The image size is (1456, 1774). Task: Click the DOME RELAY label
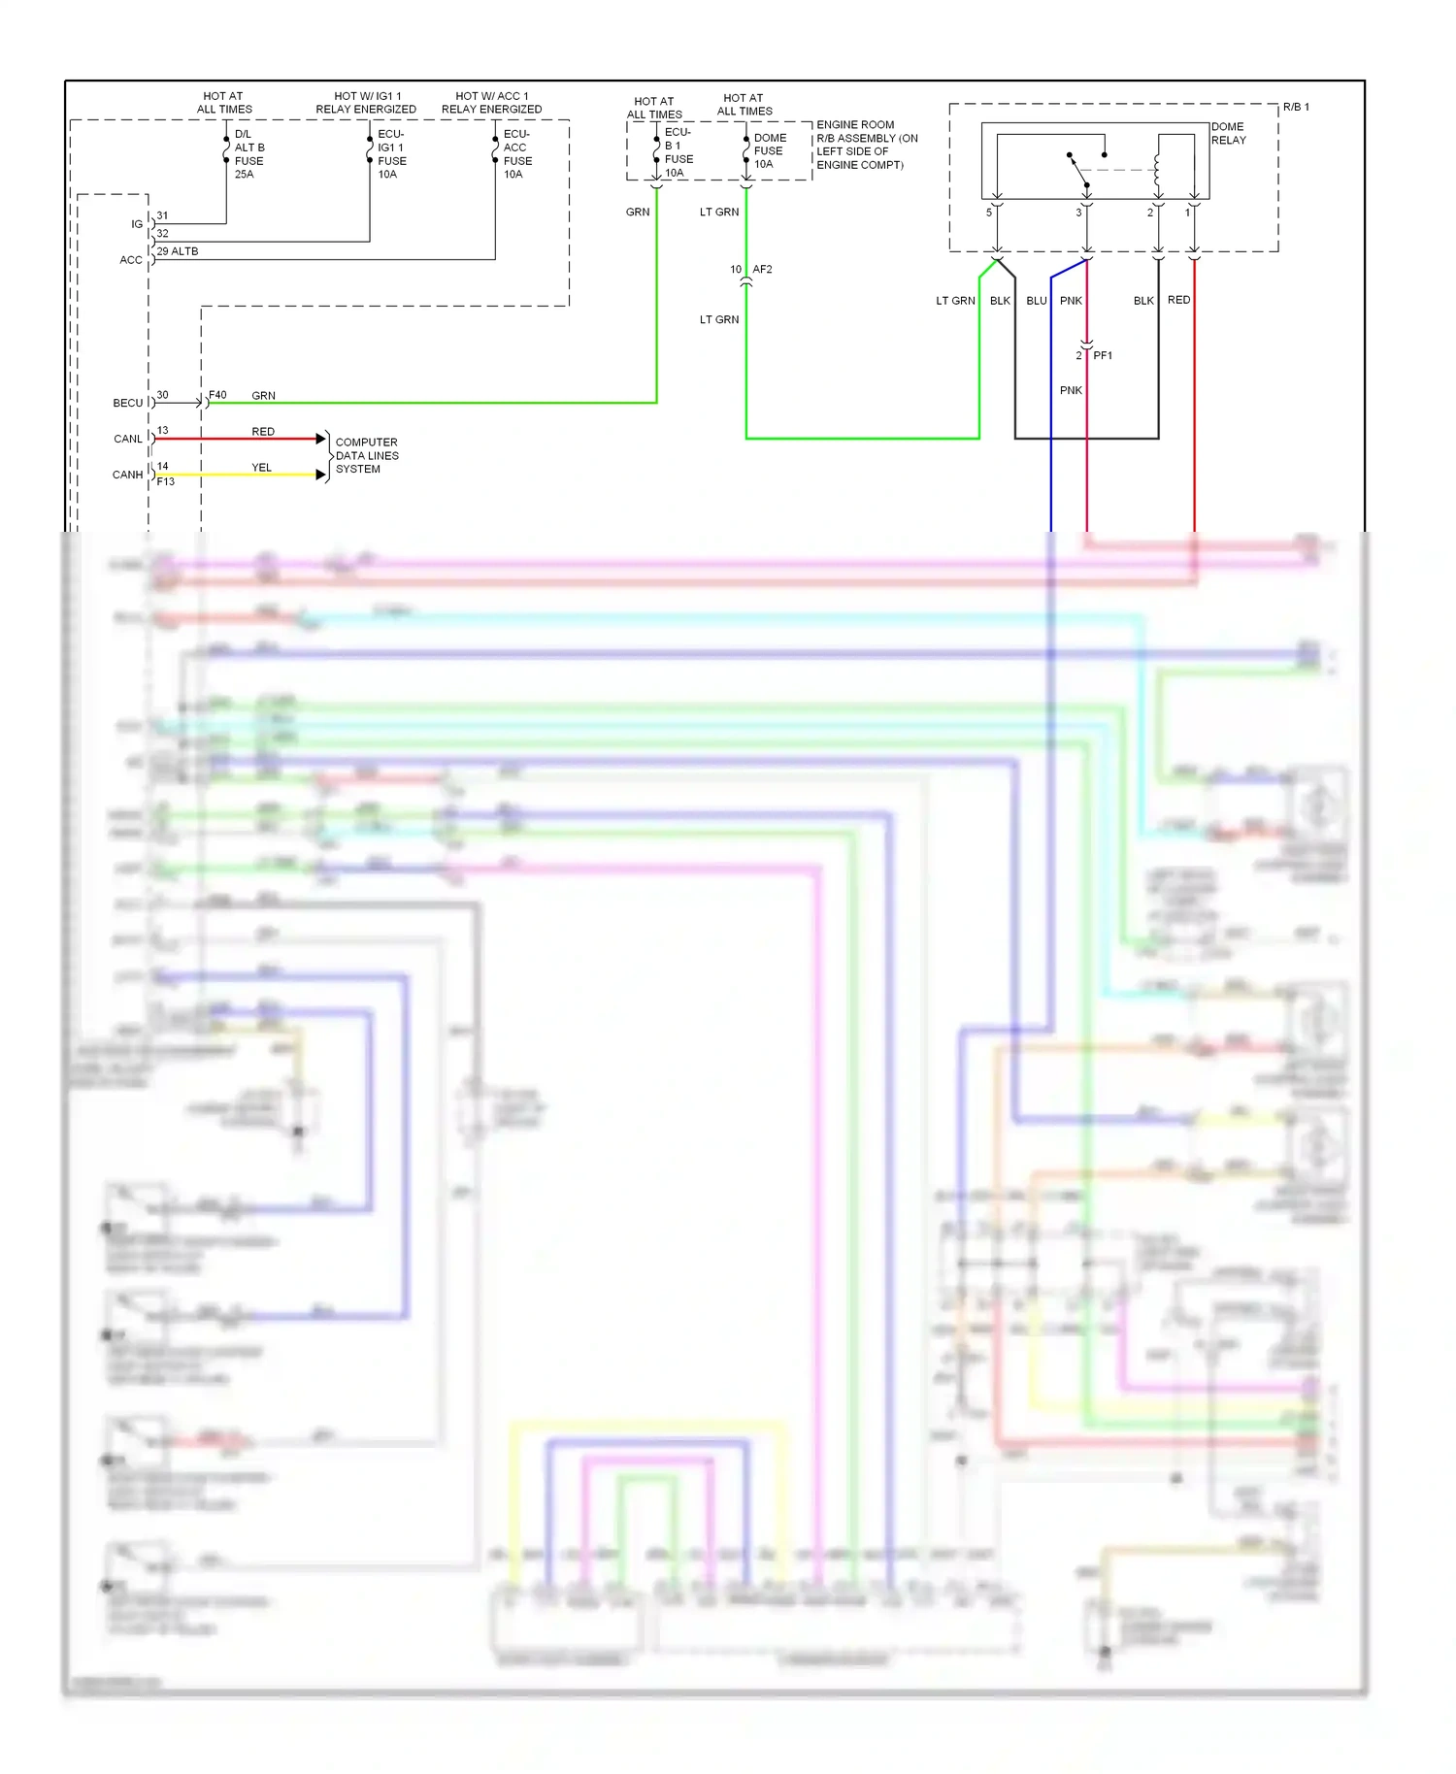point(1228,134)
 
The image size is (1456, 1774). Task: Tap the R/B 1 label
point(1295,107)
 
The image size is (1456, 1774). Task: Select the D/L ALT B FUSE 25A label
point(249,154)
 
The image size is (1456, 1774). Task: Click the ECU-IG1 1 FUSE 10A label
point(391,154)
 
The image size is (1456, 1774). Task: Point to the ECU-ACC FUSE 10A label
point(516,154)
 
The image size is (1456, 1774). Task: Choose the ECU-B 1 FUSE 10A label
point(678,152)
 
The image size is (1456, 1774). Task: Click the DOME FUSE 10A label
point(769,151)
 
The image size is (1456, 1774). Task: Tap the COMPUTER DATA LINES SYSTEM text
point(366,455)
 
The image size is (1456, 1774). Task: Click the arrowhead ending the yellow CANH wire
point(321,475)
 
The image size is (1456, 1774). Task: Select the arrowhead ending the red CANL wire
point(321,439)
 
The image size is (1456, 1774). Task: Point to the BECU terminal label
point(127,403)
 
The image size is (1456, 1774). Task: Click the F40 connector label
point(217,395)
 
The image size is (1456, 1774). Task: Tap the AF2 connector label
point(762,270)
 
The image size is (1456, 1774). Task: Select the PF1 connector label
point(1103,355)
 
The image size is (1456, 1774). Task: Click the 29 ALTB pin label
point(178,251)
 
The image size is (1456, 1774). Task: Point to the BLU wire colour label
point(1036,301)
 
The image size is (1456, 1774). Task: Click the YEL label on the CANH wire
point(262,468)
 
